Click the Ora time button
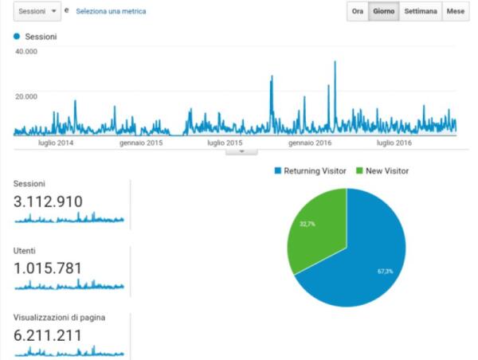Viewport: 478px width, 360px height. point(358,12)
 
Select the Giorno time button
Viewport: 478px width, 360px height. point(383,12)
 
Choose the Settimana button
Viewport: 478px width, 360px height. point(419,12)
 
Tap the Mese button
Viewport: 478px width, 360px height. point(455,12)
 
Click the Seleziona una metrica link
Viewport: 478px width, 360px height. point(111,12)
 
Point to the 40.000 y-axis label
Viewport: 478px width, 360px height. point(26,51)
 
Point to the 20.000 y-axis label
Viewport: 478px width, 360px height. point(26,96)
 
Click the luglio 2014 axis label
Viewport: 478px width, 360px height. point(56,143)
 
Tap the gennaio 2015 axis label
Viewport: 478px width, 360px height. point(141,143)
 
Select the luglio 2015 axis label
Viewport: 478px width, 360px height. point(225,143)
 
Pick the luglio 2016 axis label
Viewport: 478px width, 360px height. point(394,143)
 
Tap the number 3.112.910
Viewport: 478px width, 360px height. point(49,202)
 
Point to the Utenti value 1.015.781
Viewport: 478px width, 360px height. point(48,268)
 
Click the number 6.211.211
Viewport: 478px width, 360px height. point(48,335)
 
